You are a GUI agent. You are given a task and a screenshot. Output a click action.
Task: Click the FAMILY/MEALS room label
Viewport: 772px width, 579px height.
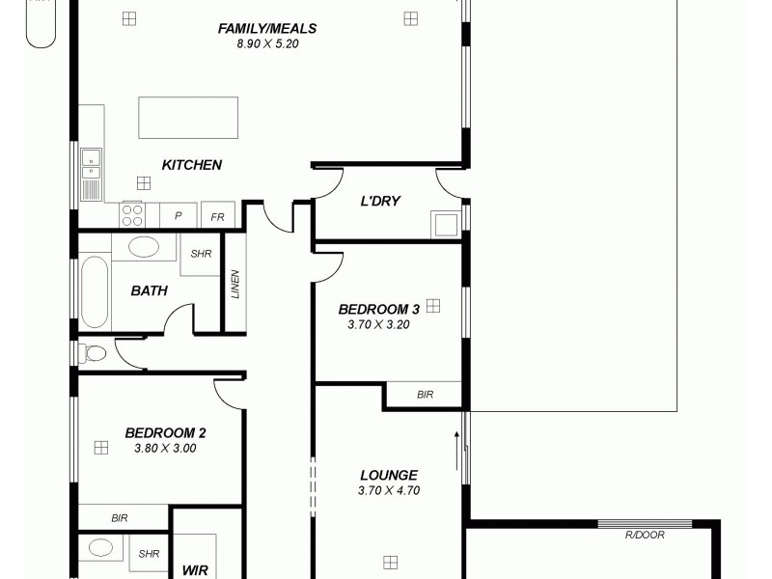coord(267,29)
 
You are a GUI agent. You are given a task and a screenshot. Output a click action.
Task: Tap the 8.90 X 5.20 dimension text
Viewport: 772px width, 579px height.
coord(267,43)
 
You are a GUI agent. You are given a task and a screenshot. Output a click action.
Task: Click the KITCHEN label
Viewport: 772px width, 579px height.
coord(192,165)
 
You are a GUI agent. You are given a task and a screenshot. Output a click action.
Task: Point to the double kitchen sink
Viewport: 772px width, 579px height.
coord(92,165)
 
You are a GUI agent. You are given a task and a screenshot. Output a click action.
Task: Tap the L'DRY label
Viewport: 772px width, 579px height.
coord(380,201)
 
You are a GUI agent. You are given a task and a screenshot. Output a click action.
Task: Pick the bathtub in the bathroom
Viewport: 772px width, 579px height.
coord(94,290)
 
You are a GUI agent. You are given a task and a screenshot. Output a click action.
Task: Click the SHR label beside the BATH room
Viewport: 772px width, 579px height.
coord(201,255)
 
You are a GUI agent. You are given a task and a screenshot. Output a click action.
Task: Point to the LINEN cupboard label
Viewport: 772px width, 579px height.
coord(234,284)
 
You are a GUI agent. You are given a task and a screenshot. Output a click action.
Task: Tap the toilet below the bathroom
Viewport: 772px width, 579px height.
coord(93,353)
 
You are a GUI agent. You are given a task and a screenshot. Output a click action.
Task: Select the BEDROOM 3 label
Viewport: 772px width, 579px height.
coord(378,310)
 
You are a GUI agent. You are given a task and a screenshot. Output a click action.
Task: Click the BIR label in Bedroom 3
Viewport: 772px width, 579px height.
coord(425,395)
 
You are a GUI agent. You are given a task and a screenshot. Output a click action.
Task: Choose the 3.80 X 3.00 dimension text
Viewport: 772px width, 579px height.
coord(165,448)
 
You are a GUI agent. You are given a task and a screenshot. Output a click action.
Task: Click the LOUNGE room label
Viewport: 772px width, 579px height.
coord(388,475)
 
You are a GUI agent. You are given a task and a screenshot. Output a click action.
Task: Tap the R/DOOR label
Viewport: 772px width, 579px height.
coord(645,535)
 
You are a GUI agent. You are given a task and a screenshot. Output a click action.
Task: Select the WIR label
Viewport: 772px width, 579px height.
coord(196,570)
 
